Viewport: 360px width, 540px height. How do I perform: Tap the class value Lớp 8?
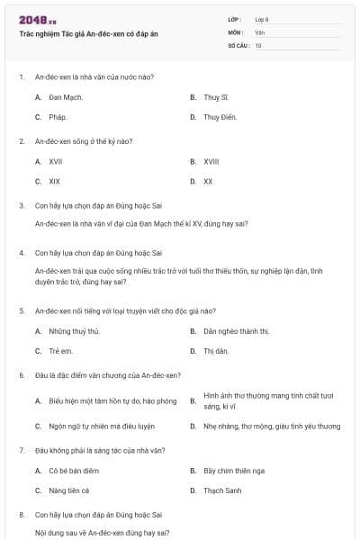point(261,19)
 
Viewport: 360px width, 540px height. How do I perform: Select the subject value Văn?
point(259,31)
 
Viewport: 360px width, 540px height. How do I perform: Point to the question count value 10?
point(258,44)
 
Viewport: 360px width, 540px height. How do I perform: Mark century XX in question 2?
point(208,181)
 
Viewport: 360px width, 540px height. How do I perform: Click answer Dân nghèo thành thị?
point(236,331)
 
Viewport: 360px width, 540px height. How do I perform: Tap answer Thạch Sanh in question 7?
point(220,490)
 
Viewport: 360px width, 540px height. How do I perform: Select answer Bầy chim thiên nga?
point(232,470)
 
